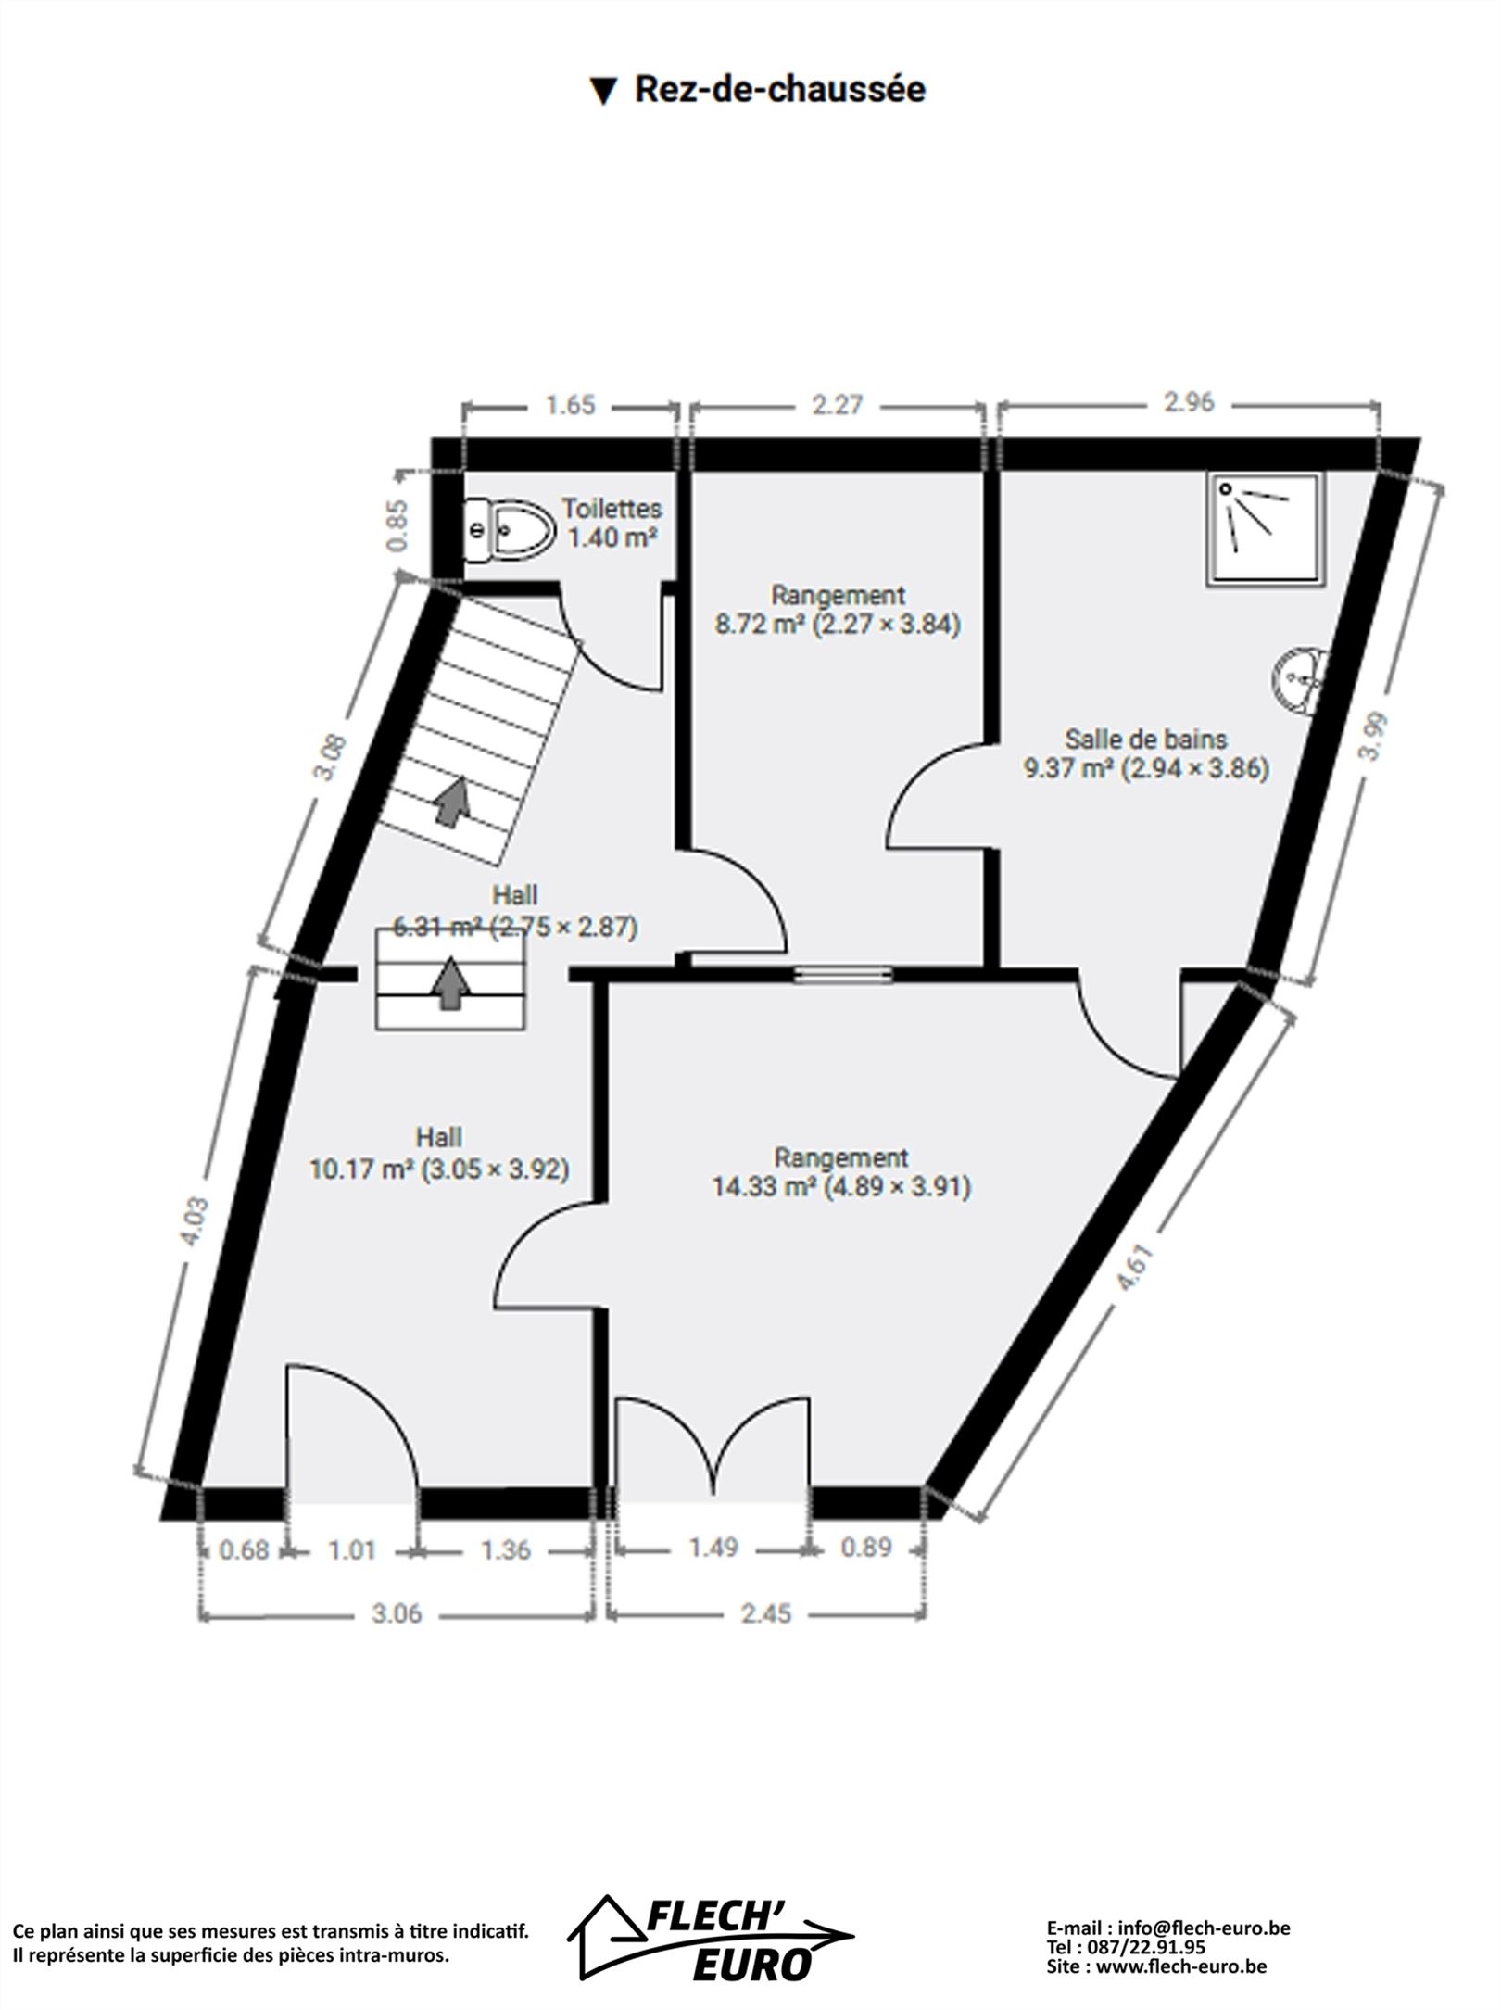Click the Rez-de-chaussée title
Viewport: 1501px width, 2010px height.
758,90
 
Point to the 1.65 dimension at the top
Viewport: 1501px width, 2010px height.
570,406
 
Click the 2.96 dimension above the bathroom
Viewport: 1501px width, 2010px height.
1189,403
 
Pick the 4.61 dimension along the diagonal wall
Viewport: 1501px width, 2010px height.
1135,1268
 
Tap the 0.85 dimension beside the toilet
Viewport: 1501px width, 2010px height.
397,525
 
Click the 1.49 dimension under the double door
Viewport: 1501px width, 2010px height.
713,1547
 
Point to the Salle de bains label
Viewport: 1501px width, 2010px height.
1146,739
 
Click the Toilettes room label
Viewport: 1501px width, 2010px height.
612,509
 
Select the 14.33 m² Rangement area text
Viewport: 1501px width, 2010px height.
841,1187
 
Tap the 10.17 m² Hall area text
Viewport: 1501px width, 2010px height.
439,1169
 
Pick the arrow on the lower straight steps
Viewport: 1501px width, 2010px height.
451,983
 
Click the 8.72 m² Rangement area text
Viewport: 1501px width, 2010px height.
838,624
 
